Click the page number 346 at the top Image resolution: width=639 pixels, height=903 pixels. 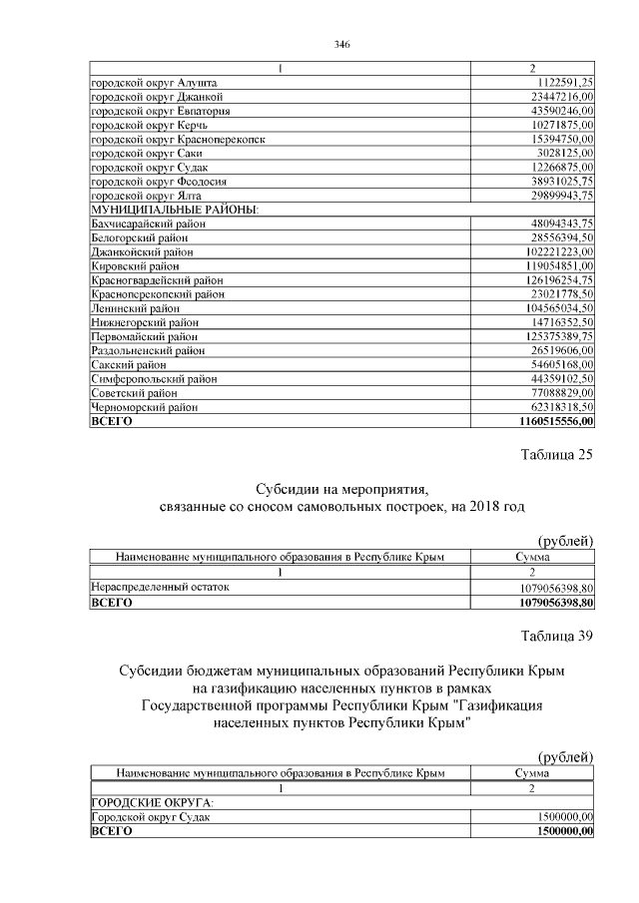click(x=339, y=44)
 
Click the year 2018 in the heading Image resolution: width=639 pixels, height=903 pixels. click(x=466, y=507)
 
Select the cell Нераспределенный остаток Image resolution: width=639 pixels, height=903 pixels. click(x=160, y=587)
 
